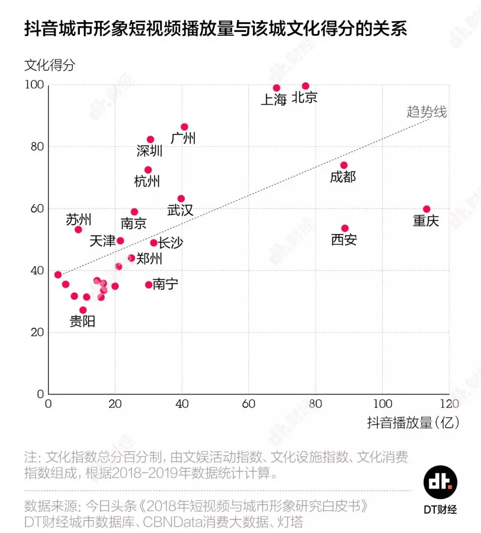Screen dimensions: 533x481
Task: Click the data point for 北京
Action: [x=306, y=86]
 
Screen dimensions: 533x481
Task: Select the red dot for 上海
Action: [x=277, y=88]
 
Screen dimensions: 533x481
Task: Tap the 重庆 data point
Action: [x=427, y=209]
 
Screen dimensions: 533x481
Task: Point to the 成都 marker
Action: [x=344, y=165]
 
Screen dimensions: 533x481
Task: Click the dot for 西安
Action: [x=345, y=228]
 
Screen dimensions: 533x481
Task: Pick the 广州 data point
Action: [x=184, y=127]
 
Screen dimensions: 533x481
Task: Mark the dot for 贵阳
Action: [x=83, y=310]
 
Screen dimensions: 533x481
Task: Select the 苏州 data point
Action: [x=78, y=230]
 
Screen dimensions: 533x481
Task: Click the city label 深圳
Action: [x=149, y=151]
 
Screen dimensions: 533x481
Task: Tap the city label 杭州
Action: [x=147, y=181]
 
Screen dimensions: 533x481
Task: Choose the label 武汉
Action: [x=180, y=210]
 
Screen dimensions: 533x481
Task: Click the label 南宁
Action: [x=165, y=284]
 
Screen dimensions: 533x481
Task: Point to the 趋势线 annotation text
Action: [x=426, y=112]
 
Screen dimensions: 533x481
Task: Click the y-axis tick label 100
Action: [x=34, y=85]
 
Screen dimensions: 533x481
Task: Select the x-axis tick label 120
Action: [x=449, y=404]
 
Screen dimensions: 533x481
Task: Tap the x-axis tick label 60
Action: [x=249, y=404]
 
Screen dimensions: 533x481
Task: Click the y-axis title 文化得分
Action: [x=50, y=65]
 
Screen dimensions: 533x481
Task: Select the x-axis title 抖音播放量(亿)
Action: [x=412, y=422]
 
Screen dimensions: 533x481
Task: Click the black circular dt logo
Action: [x=440, y=482]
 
